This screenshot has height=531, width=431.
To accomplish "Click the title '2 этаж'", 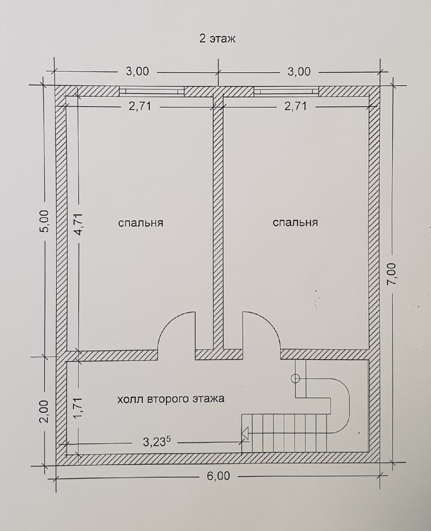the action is tap(217, 39).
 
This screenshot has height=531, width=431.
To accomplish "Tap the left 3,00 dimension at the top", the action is tap(138, 71).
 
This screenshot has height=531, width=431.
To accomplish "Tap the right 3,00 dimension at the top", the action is tap(299, 71).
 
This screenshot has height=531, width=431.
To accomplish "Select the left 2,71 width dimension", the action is tap(140, 106).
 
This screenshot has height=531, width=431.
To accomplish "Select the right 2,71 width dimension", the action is tap(295, 106).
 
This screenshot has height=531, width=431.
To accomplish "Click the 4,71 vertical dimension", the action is tap(79, 224).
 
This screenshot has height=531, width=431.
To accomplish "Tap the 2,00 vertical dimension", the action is tap(44, 412).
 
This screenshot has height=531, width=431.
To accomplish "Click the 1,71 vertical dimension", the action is tap(79, 409).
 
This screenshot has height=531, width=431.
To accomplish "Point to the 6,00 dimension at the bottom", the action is tap(218, 476).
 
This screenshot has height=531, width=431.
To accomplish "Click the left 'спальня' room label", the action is tap(141, 223).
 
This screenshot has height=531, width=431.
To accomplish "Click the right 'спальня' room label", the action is tap(295, 223).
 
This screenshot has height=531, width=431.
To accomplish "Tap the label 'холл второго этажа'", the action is tap(171, 399).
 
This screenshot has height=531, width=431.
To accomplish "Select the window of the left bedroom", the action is tap(152, 91).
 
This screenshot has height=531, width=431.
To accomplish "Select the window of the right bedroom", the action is tap(287, 91).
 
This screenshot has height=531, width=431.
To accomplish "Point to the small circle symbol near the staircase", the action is tap(295, 378).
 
